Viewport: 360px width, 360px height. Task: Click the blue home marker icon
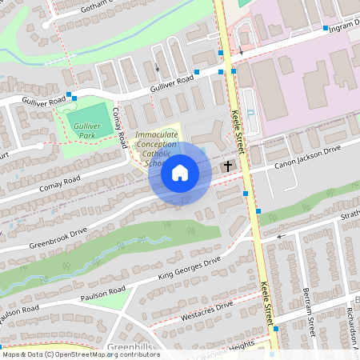coord(180,172)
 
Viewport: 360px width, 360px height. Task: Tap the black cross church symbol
coord(228,166)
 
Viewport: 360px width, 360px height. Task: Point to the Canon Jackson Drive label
coord(308,156)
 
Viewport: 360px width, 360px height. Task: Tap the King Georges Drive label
coord(188,270)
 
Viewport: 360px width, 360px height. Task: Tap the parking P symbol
coord(251,114)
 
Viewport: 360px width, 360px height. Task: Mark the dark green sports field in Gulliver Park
coord(84,116)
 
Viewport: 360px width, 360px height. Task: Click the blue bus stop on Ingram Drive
coord(326,28)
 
